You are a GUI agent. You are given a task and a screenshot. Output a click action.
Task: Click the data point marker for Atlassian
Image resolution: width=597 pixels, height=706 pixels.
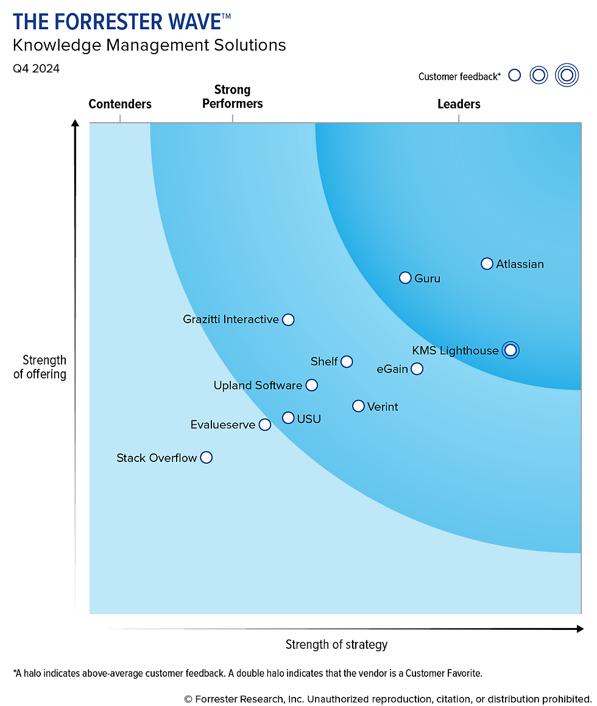pos(487,264)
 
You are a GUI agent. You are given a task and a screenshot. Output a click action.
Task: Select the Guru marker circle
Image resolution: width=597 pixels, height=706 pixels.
pos(405,278)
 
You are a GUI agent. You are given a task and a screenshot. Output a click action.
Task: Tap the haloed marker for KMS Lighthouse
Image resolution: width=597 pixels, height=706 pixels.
pos(510,350)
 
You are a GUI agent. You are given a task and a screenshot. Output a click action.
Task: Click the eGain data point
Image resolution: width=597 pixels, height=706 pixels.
pos(417,369)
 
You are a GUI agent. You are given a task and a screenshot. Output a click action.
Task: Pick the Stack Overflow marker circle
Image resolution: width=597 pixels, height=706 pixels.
pos(207,457)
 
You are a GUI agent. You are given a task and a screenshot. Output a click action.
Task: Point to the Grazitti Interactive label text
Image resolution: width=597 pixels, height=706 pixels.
pos(231,320)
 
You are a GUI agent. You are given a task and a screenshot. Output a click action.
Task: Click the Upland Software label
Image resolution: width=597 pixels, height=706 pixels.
pos(258,385)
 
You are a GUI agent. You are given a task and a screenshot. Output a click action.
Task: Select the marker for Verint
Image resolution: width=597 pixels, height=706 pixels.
pos(358,406)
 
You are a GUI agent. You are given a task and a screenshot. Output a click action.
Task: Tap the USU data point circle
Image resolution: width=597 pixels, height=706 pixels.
pos(288,418)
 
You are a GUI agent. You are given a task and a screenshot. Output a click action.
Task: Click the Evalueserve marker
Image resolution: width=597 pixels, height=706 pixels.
pos(264,425)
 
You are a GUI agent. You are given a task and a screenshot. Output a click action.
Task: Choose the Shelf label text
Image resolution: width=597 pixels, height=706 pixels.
pos(324,362)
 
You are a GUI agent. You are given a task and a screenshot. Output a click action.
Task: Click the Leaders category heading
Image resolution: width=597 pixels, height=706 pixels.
pos(459,104)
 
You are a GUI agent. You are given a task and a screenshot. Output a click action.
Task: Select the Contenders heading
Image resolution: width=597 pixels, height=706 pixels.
pos(120,104)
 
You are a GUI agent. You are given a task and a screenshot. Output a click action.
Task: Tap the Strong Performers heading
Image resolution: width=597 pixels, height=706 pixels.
pos(232,97)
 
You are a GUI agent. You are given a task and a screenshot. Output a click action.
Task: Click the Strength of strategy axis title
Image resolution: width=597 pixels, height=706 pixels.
pos(336,645)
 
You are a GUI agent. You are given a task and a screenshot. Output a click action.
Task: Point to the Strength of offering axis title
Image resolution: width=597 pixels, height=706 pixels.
pos(40,367)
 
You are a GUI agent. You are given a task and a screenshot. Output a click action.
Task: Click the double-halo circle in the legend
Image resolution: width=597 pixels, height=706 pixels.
pos(567,75)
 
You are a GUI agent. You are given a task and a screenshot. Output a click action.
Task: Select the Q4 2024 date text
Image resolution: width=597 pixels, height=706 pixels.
pos(37,69)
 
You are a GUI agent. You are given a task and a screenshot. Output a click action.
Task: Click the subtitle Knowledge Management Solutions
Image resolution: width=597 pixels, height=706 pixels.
pos(149,45)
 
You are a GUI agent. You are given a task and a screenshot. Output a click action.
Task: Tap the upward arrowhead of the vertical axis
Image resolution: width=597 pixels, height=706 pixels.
pos(76,124)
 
